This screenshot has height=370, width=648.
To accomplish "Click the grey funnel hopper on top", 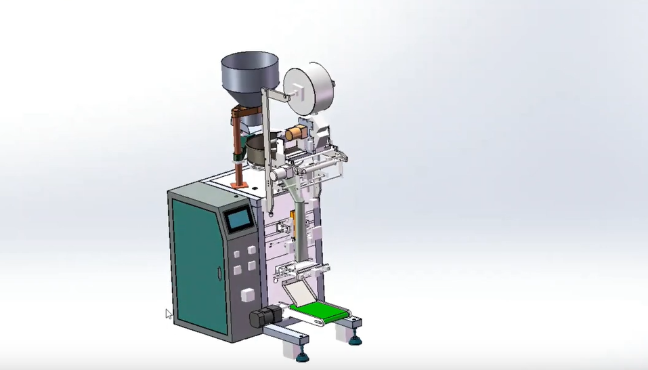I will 249,72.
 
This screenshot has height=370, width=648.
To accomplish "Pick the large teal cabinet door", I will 198,266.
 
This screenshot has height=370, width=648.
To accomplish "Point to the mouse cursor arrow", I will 169,314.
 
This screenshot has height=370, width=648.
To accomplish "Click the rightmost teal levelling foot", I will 355,339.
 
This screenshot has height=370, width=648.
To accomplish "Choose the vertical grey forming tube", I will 300,224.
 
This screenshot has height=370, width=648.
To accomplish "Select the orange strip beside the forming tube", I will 293,224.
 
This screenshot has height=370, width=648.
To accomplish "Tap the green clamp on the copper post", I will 238,157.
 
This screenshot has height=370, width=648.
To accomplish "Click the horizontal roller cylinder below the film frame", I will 284,174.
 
